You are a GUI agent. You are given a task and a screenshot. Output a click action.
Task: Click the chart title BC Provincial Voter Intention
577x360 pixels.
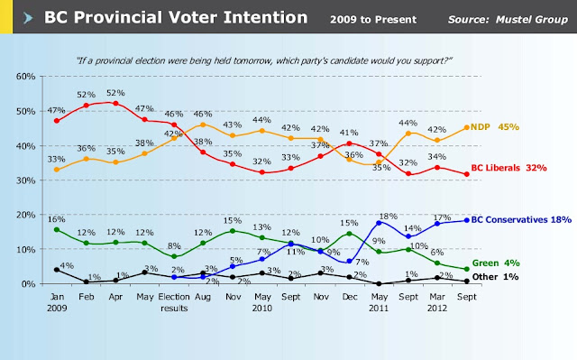176,17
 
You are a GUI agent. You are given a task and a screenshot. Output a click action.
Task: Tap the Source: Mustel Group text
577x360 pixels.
508,20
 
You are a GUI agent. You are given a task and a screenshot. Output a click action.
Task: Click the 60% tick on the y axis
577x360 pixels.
26,77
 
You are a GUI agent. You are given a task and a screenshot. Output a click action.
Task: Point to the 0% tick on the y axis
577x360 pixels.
28,284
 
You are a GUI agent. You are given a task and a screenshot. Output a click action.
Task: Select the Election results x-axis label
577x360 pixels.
174,302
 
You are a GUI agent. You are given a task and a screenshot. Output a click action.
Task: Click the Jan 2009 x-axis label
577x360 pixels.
57,302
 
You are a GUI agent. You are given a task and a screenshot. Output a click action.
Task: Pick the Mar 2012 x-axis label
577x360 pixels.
437,302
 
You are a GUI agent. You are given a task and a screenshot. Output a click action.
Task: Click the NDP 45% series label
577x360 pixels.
495,127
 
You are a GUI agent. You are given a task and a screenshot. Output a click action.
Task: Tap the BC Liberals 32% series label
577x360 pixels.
508,168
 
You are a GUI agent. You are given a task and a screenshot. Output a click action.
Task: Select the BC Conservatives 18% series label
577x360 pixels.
521,220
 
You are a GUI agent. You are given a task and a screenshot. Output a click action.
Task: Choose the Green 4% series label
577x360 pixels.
496,263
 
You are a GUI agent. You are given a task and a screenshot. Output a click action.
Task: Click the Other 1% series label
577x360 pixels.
495,277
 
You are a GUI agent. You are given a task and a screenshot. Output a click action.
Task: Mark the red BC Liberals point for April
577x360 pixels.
115,104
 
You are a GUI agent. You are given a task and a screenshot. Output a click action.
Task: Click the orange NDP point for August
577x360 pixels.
203,125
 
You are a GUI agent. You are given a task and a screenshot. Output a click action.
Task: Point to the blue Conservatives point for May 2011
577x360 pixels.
379,223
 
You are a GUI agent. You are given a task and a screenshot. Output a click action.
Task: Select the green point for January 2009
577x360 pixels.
57,230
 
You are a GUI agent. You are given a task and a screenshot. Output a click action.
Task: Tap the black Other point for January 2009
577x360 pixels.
57,270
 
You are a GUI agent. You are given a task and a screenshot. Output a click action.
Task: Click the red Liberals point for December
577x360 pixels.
350,143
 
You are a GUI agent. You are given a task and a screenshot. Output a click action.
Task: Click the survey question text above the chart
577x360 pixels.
264,60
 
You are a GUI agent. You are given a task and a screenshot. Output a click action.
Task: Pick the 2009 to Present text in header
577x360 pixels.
373,20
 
